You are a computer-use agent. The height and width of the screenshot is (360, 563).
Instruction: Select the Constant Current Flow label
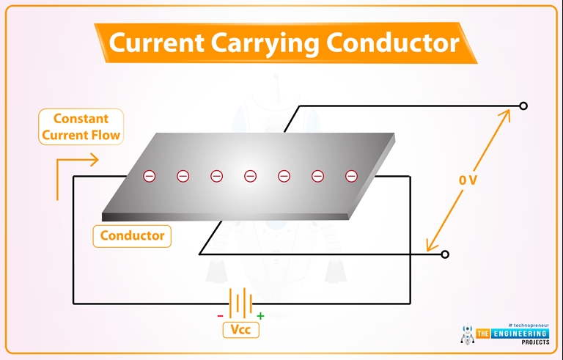(81, 127)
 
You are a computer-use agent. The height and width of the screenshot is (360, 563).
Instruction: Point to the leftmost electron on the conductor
(149, 176)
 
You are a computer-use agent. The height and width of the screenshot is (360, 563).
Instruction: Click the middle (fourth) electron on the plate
(250, 176)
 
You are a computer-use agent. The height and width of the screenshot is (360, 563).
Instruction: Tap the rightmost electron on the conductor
(351, 176)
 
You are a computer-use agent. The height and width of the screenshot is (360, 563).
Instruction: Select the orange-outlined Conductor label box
(132, 235)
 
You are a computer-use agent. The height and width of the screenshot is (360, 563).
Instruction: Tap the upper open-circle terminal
(523, 106)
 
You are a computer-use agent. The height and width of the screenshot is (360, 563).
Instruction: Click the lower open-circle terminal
(445, 254)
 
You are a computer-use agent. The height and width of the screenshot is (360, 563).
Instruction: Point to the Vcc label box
(240, 330)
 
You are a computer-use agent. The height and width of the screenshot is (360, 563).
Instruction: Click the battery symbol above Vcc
(240, 302)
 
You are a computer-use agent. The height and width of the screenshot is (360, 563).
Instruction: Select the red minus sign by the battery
(219, 317)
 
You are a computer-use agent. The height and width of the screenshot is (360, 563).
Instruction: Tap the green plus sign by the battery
(260, 316)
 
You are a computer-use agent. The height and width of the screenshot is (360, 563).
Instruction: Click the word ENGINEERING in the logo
(523, 334)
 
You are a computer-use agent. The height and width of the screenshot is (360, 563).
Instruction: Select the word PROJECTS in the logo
(530, 343)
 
